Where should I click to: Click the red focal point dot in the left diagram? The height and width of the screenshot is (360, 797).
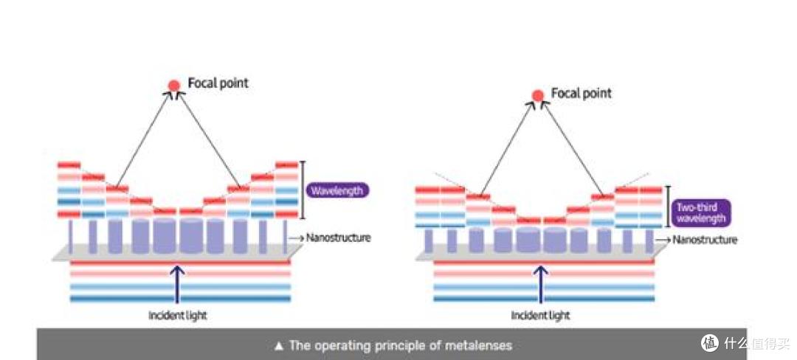coord(174,86)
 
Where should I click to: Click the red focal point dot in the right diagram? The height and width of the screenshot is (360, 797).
coord(538,95)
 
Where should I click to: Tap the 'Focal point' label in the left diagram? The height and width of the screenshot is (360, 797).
coord(218,83)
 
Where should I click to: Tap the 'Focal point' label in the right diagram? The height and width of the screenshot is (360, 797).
coord(582,94)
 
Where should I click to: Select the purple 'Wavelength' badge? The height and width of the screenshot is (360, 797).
coord(337,191)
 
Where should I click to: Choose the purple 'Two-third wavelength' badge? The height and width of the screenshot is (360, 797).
coord(700,212)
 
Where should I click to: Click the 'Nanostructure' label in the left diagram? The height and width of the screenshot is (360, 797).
coord(338,237)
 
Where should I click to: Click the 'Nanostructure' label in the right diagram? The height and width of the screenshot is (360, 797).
coord(705,239)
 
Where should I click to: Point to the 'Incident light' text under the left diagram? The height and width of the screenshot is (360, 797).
coord(177,315)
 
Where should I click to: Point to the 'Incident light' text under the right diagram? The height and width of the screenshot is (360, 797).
coord(540,315)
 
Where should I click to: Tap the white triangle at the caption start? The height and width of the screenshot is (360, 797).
coord(278,346)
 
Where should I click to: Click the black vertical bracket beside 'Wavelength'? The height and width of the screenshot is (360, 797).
coord(303,190)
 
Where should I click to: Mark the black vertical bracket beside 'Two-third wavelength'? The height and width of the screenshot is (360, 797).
coord(668,207)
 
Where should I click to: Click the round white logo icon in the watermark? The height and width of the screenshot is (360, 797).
coord(710,343)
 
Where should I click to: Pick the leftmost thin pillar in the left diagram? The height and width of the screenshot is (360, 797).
coord(71,236)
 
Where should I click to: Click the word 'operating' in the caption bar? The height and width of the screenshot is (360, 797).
coord(341,346)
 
